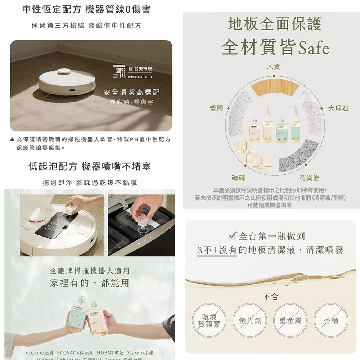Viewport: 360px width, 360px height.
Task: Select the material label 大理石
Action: (x=338, y=108)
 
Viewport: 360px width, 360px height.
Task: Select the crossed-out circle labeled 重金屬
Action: (x=291, y=320)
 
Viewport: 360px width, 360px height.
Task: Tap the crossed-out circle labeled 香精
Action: (x=330, y=320)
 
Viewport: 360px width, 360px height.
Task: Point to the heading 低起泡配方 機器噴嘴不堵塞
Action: (x=89, y=166)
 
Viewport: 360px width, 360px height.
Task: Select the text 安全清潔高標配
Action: (x=131, y=93)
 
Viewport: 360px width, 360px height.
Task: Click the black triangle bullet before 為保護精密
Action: (x=12, y=139)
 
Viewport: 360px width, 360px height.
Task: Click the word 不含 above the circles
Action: (x=271, y=297)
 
